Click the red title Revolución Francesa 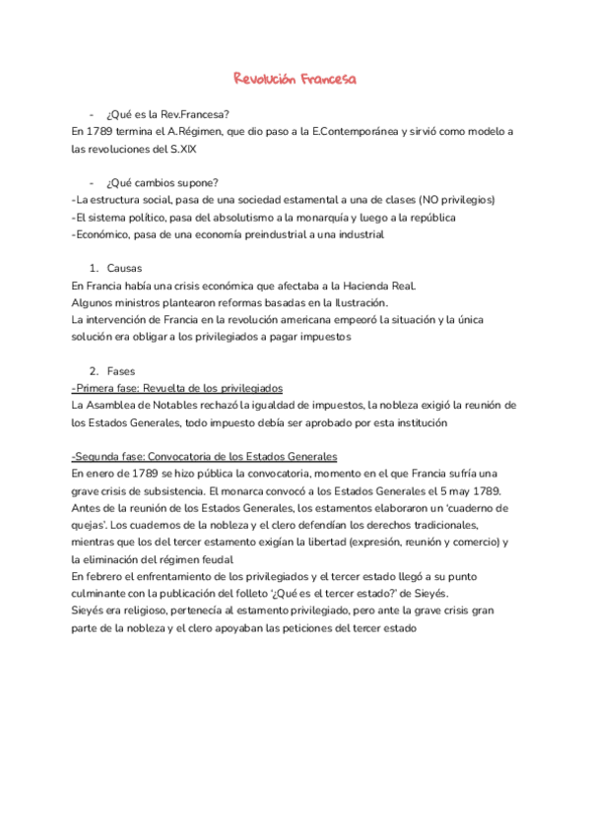[x=295, y=78]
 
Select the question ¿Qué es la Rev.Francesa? [x=174, y=113]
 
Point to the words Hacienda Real [x=377, y=287]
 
